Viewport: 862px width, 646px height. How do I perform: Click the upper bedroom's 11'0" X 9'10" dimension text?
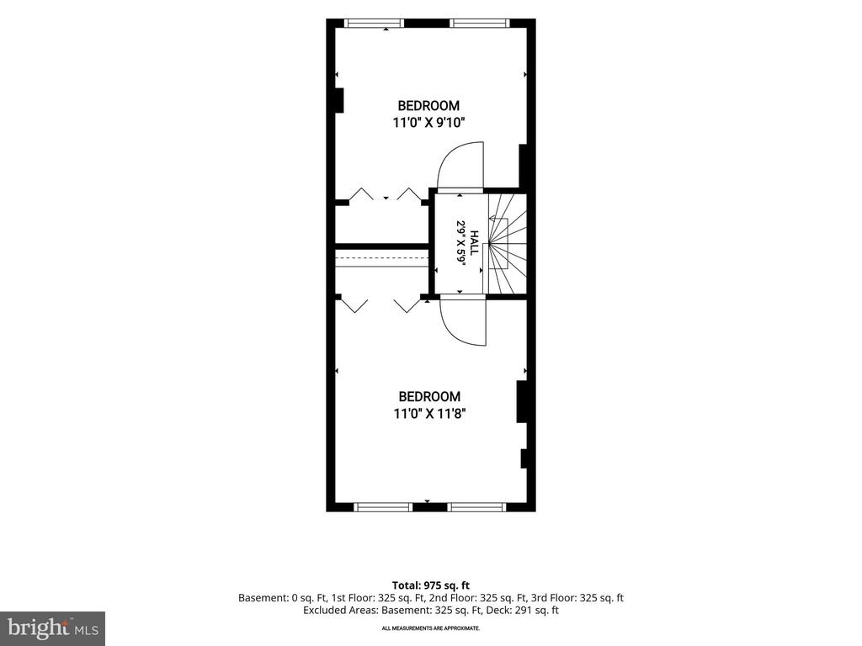point(428,122)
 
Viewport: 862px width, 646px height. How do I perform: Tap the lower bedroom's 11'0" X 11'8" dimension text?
point(429,413)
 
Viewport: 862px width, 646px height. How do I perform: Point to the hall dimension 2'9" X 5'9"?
point(460,243)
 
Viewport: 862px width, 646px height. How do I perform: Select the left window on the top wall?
point(374,23)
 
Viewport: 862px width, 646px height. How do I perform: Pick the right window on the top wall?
point(479,23)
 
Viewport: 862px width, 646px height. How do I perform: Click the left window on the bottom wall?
point(383,507)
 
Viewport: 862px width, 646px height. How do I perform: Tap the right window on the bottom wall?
point(476,507)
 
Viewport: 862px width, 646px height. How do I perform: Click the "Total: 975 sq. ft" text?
point(430,585)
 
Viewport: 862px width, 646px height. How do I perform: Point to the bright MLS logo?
point(52,627)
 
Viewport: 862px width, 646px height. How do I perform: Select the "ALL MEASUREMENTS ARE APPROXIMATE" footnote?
point(431,627)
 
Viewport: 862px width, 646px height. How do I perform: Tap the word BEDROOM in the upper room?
point(428,105)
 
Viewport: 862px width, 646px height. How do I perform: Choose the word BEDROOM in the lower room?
point(429,397)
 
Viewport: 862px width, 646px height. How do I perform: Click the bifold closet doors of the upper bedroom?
point(386,195)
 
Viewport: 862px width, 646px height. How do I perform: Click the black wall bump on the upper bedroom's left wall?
point(339,100)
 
